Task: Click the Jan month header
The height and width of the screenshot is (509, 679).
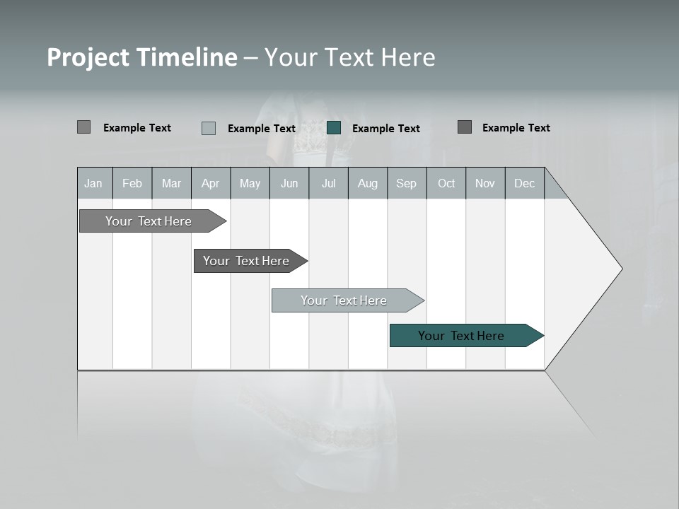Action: (93, 183)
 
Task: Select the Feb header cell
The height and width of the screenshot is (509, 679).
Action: (132, 183)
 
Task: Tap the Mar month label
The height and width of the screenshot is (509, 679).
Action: (171, 183)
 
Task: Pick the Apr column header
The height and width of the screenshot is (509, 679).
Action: (211, 183)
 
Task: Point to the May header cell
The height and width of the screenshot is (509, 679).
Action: (250, 183)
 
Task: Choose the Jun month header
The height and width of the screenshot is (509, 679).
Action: (289, 183)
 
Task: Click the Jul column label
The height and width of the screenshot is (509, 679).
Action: (329, 183)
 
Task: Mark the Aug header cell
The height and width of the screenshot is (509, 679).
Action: (368, 183)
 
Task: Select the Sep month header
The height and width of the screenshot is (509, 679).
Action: (407, 183)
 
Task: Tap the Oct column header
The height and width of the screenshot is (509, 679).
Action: (446, 183)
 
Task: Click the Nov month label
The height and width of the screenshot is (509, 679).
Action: (485, 183)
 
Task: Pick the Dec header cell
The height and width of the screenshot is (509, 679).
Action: (525, 183)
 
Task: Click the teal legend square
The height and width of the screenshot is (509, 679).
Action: (334, 128)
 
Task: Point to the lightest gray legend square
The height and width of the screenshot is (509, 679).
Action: (209, 128)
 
